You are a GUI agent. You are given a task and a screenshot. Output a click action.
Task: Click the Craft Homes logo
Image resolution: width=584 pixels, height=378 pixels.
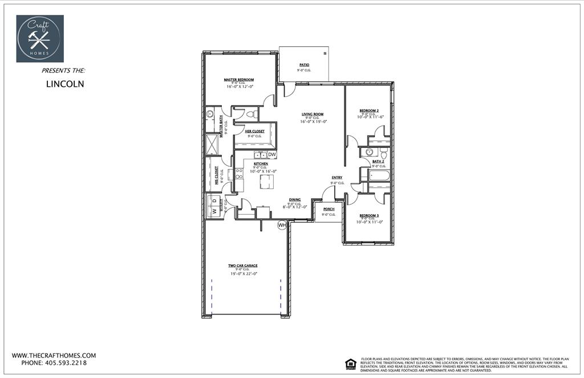40,38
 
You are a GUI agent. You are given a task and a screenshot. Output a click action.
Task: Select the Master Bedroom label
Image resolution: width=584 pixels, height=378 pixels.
238,80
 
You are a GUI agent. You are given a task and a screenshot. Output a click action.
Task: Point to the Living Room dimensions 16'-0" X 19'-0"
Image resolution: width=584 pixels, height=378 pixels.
313,122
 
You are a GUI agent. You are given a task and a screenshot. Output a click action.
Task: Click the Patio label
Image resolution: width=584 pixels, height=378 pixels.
304,65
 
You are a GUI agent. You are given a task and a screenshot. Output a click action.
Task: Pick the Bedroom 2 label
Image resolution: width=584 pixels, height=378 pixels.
369,110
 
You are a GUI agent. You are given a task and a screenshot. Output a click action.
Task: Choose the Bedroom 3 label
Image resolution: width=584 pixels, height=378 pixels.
369,215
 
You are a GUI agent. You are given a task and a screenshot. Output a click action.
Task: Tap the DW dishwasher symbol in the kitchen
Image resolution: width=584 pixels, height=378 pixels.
272,155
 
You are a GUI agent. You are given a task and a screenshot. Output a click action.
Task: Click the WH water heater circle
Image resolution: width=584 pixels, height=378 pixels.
282,226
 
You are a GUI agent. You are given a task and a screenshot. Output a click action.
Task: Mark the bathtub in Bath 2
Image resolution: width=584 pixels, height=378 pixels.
378,175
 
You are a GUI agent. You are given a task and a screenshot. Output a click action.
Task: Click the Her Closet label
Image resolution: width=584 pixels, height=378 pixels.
254,131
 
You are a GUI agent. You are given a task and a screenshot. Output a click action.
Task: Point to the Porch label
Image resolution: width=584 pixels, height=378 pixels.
328,209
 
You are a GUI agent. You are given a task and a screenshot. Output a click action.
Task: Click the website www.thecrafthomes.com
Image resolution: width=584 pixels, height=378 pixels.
54,355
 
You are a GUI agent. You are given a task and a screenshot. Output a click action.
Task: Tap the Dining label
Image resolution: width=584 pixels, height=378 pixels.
295,200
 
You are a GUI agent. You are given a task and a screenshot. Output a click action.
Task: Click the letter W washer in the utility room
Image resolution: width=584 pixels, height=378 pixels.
214,211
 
